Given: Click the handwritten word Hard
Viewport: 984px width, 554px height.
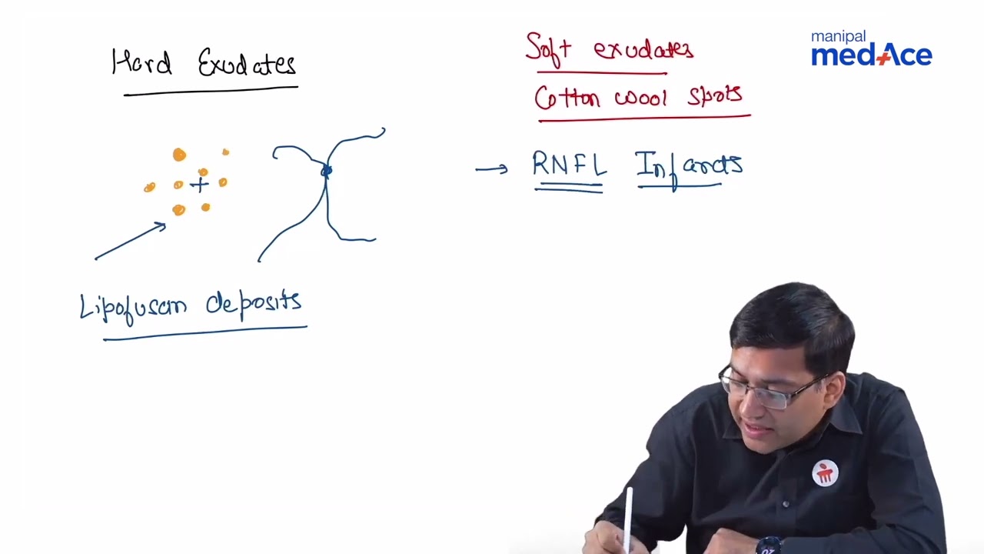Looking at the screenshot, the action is [141, 63].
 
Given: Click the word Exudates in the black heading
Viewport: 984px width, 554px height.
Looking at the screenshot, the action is [247, 64].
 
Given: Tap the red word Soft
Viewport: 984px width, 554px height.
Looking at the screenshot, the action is [548, 48].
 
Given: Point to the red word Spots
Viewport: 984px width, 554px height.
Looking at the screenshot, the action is [715, 96].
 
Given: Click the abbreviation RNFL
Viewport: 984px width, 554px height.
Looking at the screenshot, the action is [569, 165].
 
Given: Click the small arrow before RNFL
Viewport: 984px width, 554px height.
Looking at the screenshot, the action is [491, 169].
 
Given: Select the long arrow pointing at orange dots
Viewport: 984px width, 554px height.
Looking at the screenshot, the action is [130, 241].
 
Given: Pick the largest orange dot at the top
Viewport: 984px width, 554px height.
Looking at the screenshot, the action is [179, 155].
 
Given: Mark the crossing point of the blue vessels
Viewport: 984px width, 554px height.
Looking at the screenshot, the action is [326, 170].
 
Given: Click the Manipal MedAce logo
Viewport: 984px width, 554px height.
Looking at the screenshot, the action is [871, 49].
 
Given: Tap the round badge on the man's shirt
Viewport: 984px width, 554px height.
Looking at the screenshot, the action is [825, 472].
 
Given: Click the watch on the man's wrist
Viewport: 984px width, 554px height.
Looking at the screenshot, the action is [769, 546].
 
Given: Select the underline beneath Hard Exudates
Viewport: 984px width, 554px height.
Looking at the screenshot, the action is [211, 91].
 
